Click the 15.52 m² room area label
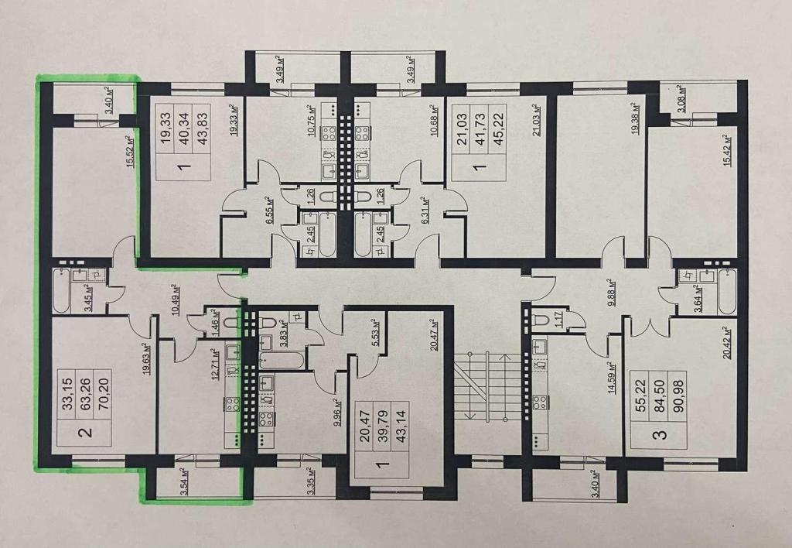click(x=130, y=151)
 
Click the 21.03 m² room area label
click(x=537, y=120)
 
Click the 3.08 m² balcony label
click(x=681, y=99)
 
